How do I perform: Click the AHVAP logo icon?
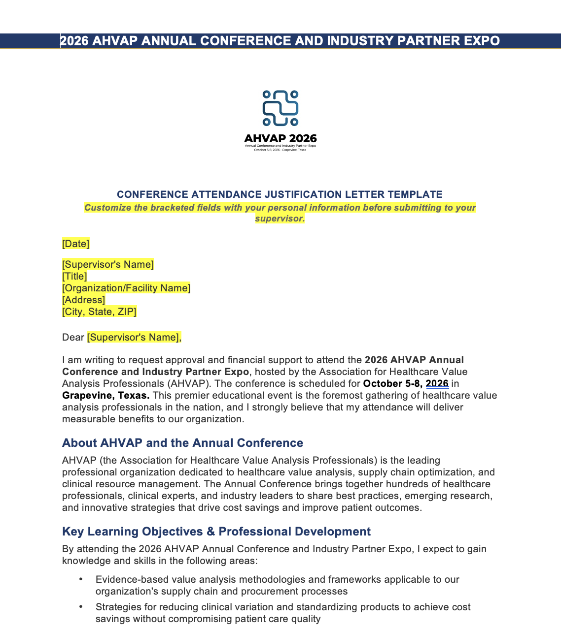coord(280,108)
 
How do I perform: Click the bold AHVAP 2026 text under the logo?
coord(280,138)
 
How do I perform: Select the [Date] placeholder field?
coord(75,244)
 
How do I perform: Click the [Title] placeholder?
coord(74,276)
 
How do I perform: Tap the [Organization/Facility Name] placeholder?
coord(126,288)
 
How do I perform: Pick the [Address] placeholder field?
coord(83,300)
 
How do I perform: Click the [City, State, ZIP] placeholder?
coord(99,312)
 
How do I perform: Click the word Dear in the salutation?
coord(73,337)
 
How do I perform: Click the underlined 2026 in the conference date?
coord(437,383)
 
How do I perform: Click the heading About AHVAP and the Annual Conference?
coord(182,443)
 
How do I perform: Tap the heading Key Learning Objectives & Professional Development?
coord(216,532)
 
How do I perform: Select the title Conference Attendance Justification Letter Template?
coord(280,194)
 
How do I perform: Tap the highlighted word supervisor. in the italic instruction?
coord(280,219)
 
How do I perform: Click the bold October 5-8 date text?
coord(392,383)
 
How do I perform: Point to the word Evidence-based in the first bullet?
coord(125,579)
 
